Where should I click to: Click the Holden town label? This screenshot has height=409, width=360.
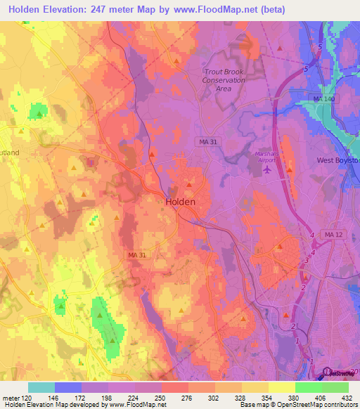point(180,201)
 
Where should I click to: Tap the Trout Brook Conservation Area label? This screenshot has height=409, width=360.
point(224,80)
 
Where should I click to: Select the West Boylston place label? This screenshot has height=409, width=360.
point(338,160)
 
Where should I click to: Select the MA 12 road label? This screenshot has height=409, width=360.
point(332,233)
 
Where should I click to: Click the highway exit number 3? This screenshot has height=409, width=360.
point(307,261)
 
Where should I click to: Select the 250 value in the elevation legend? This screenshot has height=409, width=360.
point(161,397)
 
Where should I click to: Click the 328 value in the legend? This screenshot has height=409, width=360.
point(241,397)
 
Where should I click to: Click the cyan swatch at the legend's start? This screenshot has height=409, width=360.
point(41,387)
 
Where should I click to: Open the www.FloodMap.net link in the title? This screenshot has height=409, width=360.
point(226,9)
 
